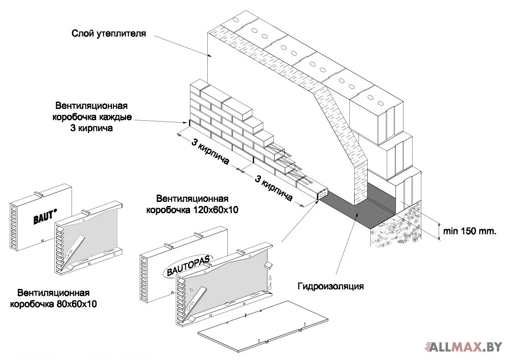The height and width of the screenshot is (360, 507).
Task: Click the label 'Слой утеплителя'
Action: [108, 33]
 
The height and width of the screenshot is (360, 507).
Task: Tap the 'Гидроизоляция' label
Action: [331, 286]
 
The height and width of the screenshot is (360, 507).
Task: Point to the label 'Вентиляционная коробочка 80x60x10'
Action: [53, 298]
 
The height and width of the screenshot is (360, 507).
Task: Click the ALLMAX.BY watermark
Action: [464, 347]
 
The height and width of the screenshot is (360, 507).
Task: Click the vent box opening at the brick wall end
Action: [322, 194]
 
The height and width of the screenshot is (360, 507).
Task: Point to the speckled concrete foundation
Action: [401, 228]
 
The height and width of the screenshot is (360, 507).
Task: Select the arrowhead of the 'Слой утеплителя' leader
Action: [211, 56]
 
